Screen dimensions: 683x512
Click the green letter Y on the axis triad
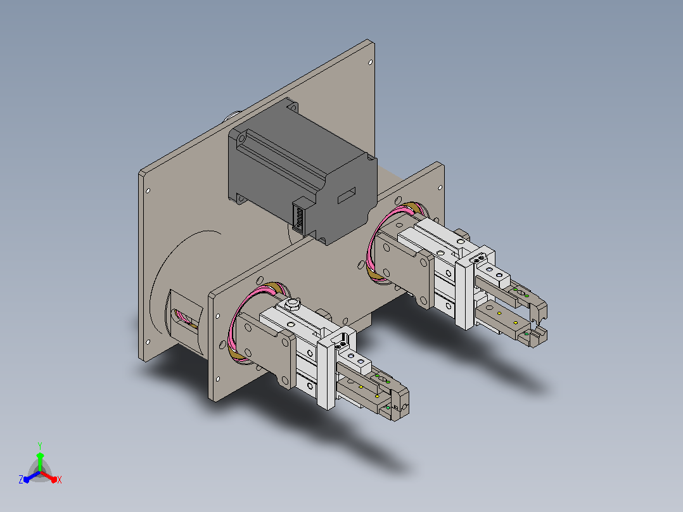pyautogui.click(x=40, y=445)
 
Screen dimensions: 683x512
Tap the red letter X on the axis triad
pyautogui.click(x=60, y=480)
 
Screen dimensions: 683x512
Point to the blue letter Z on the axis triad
pyautogui.click(x=21, y=480)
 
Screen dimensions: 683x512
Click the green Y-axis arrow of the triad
pyautogui.click(x=40, y=461)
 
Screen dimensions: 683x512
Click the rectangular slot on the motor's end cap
pyautogui.click(x=347, y=195)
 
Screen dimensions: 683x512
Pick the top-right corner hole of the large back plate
pyautogui.click(x=371, y=62)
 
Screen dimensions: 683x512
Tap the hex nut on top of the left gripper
pyautogui.click(x=292, y=302)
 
